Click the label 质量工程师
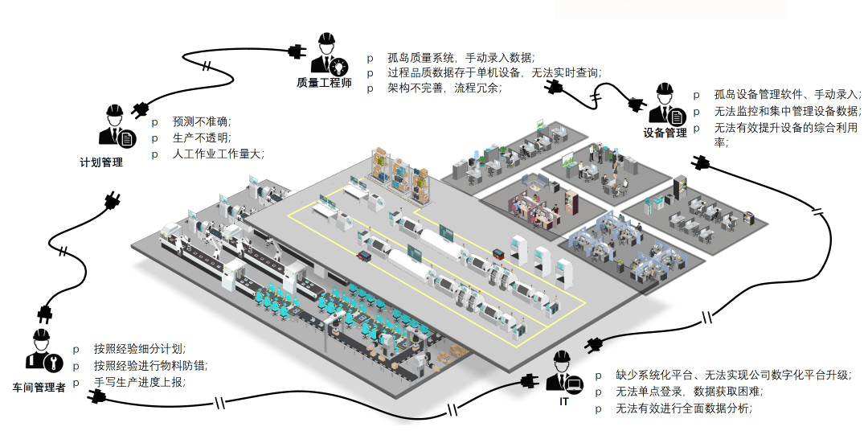point(324,83)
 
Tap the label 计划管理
point(101,163)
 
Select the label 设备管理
point(665,133)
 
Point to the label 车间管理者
point(39,388)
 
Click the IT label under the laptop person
point(563,402)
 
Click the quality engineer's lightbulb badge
point(339,67)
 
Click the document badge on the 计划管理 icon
point(127,138)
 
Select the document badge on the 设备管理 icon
point(676,117)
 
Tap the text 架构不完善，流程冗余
point(444,88)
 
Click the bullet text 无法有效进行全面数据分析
point(684,408)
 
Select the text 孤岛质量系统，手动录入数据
point(461,57)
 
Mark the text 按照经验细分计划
point(140,348)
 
